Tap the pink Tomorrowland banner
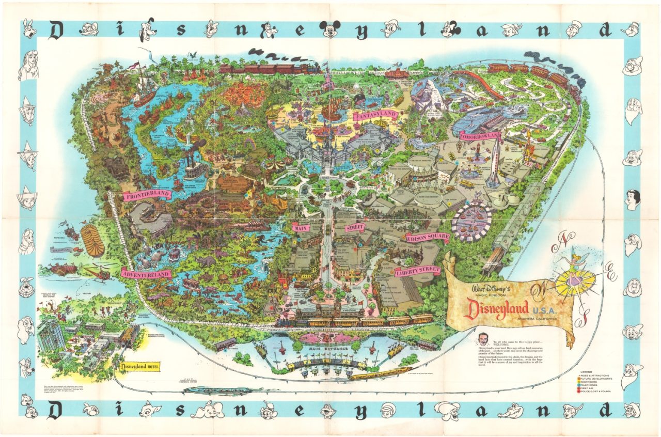tap(480, 136)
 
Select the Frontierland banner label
tap(147, 194)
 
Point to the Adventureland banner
tap(146, 274)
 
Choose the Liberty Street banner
tap(417, 271)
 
